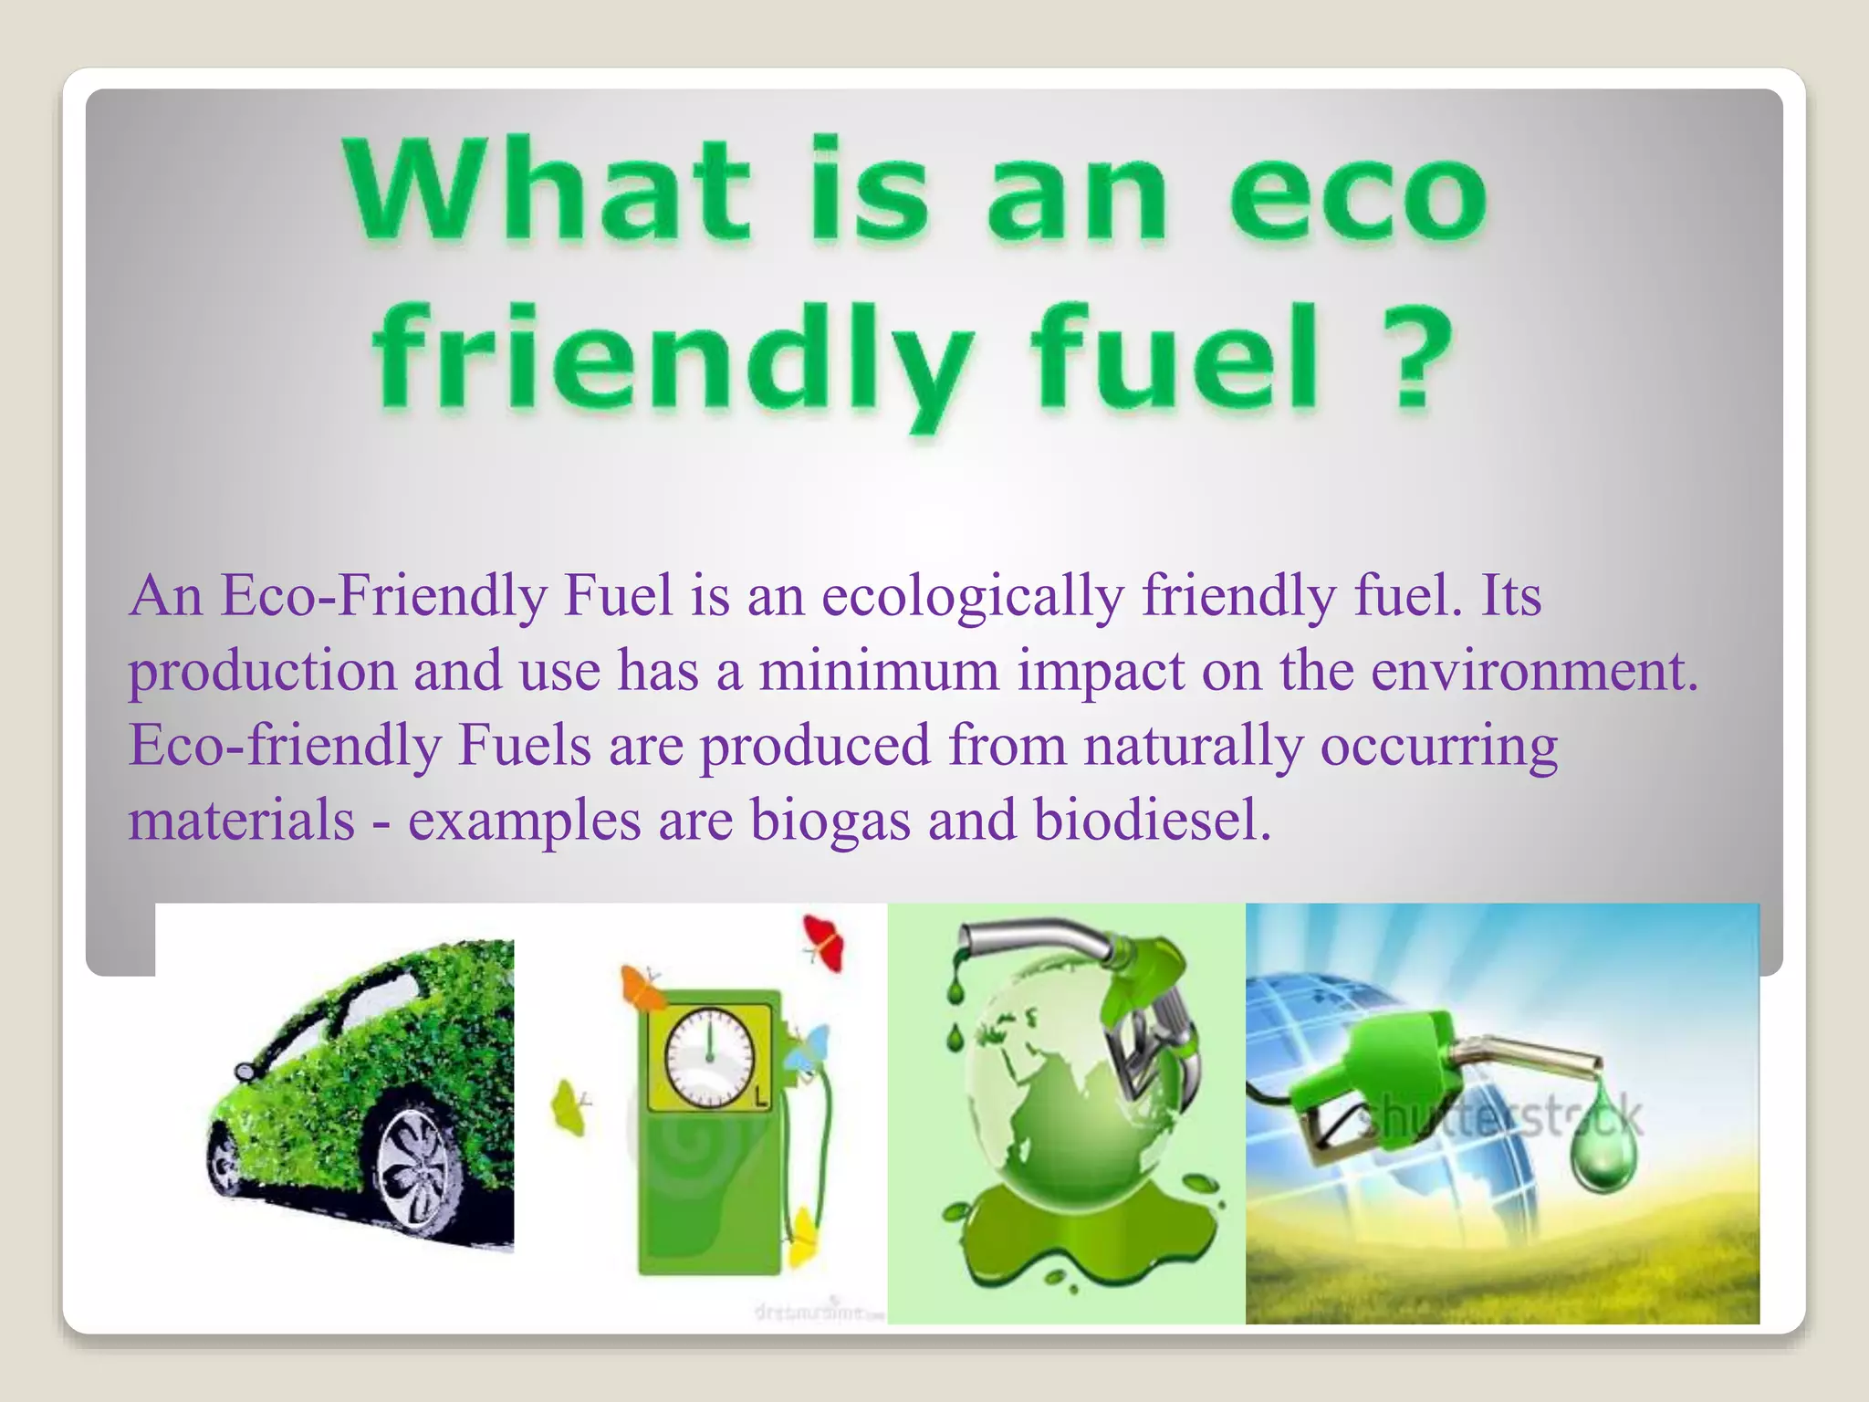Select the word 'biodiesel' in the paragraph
[1153, 820]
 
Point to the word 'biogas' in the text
[830, 820]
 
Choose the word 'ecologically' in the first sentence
[973, 596]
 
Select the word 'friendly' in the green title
[671, 361]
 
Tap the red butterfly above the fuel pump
[824, 944]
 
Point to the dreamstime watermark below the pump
[820, 1313]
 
